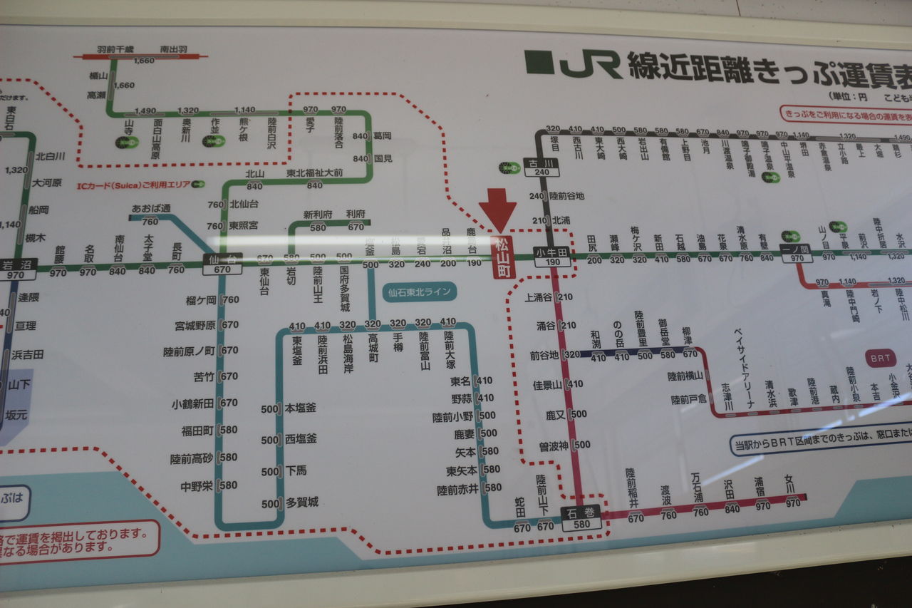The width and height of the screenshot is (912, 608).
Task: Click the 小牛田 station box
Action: click(552, 257)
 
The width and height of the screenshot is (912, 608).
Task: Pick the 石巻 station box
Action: click(581, 517)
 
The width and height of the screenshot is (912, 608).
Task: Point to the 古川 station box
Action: click(541, 167)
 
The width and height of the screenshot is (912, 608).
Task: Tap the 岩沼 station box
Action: click(16, 268)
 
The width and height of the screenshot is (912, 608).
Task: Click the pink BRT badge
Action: click(881, 359)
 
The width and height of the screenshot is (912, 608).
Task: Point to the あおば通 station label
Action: click(151, 208)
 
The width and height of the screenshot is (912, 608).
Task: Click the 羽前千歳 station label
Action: click(115, 50)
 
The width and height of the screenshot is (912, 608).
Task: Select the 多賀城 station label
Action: click(301, 502)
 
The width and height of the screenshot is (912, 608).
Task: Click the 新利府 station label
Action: click(318, 214)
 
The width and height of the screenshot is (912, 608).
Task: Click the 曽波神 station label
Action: click(554, 445)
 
